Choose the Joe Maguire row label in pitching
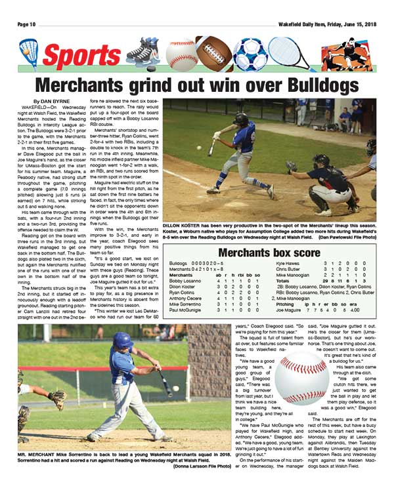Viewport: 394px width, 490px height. (x=290, y=310)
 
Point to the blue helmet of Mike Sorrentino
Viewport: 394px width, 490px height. (x=123, y=340)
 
